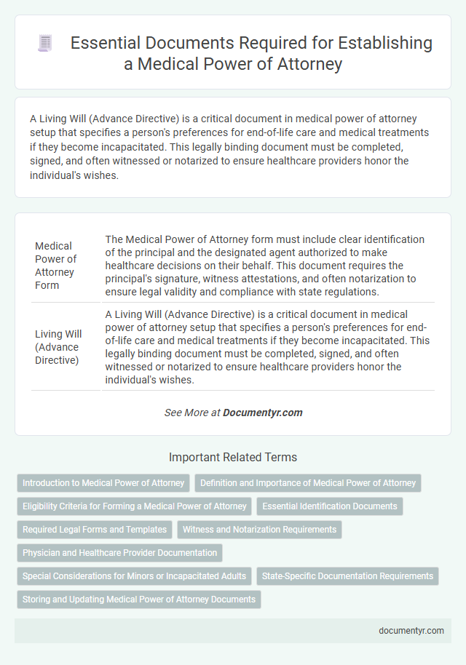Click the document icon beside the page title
pos(45,44)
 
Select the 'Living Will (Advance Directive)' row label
pos(58,346)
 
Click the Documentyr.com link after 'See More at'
pos(262,413)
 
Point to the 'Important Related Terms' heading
pos(233,458)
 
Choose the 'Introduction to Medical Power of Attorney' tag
pos(103,482)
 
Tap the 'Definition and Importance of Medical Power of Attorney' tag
pos(308,482)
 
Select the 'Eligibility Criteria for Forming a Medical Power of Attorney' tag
pos(134,506)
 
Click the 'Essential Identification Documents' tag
pos(330,506)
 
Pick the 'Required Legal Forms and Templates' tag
pos(95,529)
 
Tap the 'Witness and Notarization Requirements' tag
pos(259,529)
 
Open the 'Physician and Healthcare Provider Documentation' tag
pos(119,552)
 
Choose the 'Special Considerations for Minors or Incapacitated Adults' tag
pos(134,576)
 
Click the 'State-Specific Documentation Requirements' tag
pos(347,576)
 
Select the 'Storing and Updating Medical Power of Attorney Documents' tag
pos(138,599)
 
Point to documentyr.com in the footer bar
pos(411,631)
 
